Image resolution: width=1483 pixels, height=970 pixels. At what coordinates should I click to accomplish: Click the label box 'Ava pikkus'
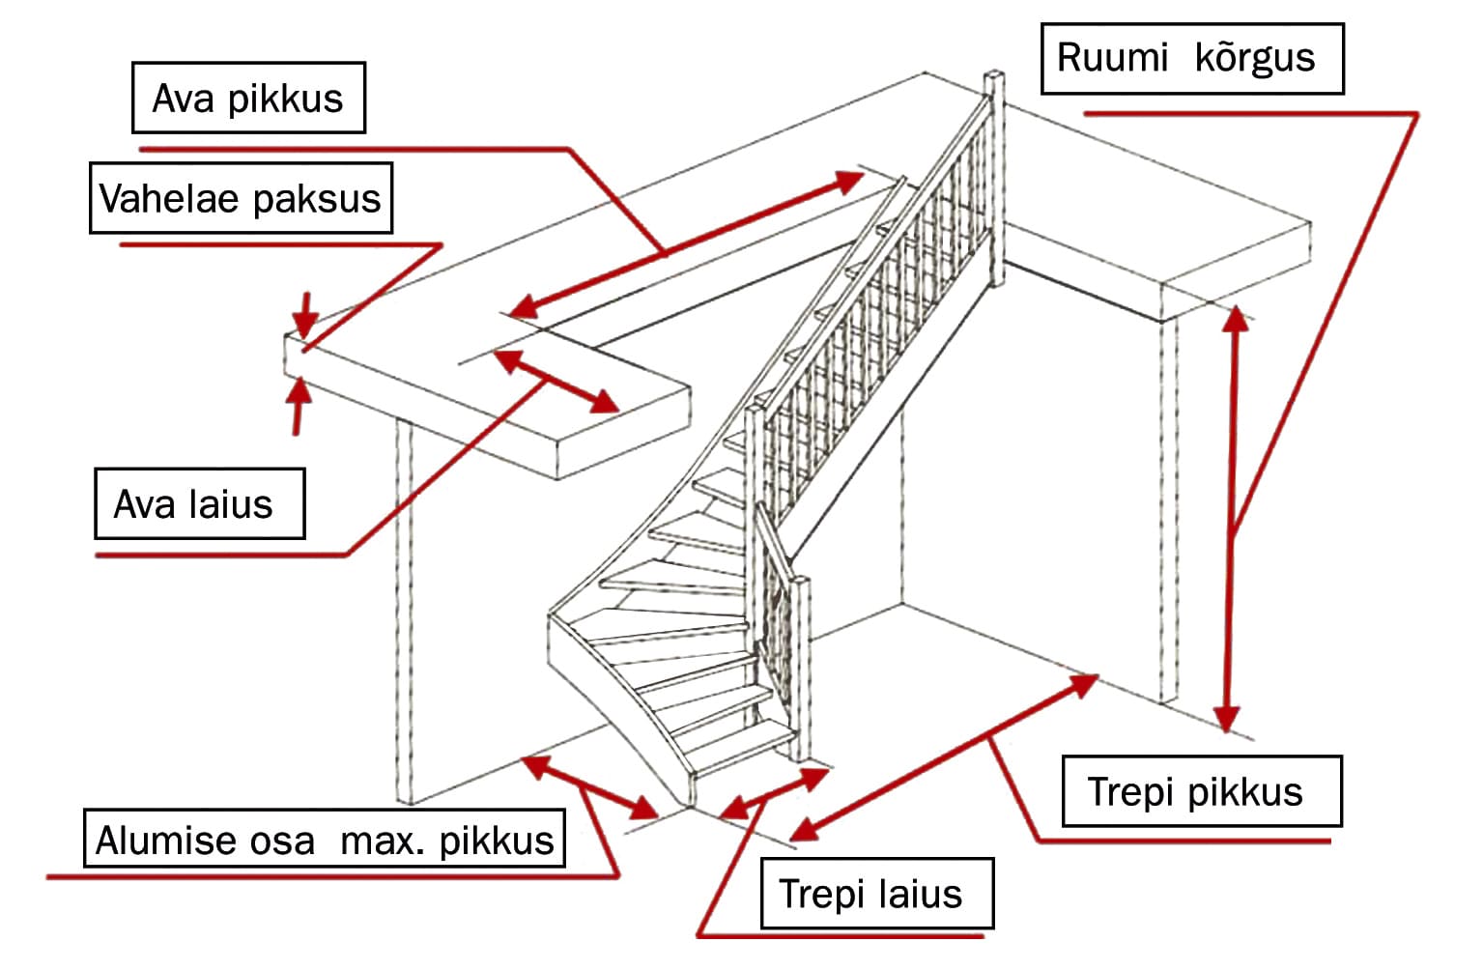(x=248, y=98)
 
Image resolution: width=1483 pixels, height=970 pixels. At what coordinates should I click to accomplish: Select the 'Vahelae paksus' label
(x=241, y=198)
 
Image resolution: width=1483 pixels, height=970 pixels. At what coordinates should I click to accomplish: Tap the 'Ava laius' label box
(x=199, y=503)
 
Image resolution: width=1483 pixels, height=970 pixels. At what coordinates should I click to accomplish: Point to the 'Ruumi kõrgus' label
(x=1191, y=58)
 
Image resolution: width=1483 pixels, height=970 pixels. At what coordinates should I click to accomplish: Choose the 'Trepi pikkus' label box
(x=1201, y=791)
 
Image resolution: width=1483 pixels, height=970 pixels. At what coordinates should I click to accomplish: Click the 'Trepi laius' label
(x=876, y=894)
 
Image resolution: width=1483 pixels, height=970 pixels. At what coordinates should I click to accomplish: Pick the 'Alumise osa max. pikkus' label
(x=325, y=839)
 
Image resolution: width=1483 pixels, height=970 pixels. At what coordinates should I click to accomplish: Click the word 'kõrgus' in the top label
(x=1255, y=58)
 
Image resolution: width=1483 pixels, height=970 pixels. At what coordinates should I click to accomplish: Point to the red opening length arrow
(x=686, y=244)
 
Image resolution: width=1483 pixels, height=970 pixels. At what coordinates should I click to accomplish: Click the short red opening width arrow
(x=556, y=381)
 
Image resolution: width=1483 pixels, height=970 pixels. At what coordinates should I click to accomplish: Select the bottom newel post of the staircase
(x=800, y=667)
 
